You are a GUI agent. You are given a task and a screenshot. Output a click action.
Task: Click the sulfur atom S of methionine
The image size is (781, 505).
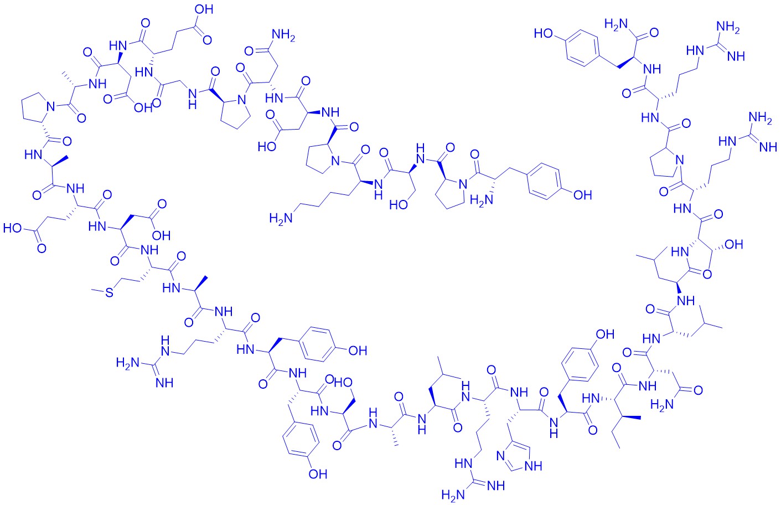point(109,292)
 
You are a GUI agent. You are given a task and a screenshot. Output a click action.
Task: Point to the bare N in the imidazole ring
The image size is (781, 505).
point(501,456)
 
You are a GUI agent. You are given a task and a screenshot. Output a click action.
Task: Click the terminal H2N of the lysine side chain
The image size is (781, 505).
point(280,219)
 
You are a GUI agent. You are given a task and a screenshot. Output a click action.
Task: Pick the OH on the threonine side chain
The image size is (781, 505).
point(734,245)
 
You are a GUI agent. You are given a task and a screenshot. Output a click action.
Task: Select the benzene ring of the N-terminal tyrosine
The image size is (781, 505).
point(544,182)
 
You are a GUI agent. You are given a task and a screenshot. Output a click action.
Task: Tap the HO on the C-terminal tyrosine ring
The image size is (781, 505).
point(543,33)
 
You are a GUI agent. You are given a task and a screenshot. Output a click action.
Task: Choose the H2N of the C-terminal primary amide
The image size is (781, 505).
point(616,24)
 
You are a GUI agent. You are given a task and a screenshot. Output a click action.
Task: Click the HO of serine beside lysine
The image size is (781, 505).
point(399,205)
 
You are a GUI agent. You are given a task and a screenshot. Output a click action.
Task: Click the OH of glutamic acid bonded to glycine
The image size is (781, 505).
point(204,9)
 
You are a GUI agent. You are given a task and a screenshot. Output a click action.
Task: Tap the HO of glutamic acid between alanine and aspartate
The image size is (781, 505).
point(13,229)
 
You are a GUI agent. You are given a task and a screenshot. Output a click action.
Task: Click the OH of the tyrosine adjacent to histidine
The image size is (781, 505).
point(605,334)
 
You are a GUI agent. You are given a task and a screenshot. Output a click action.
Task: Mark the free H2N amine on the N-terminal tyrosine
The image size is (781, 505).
point(482,200)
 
